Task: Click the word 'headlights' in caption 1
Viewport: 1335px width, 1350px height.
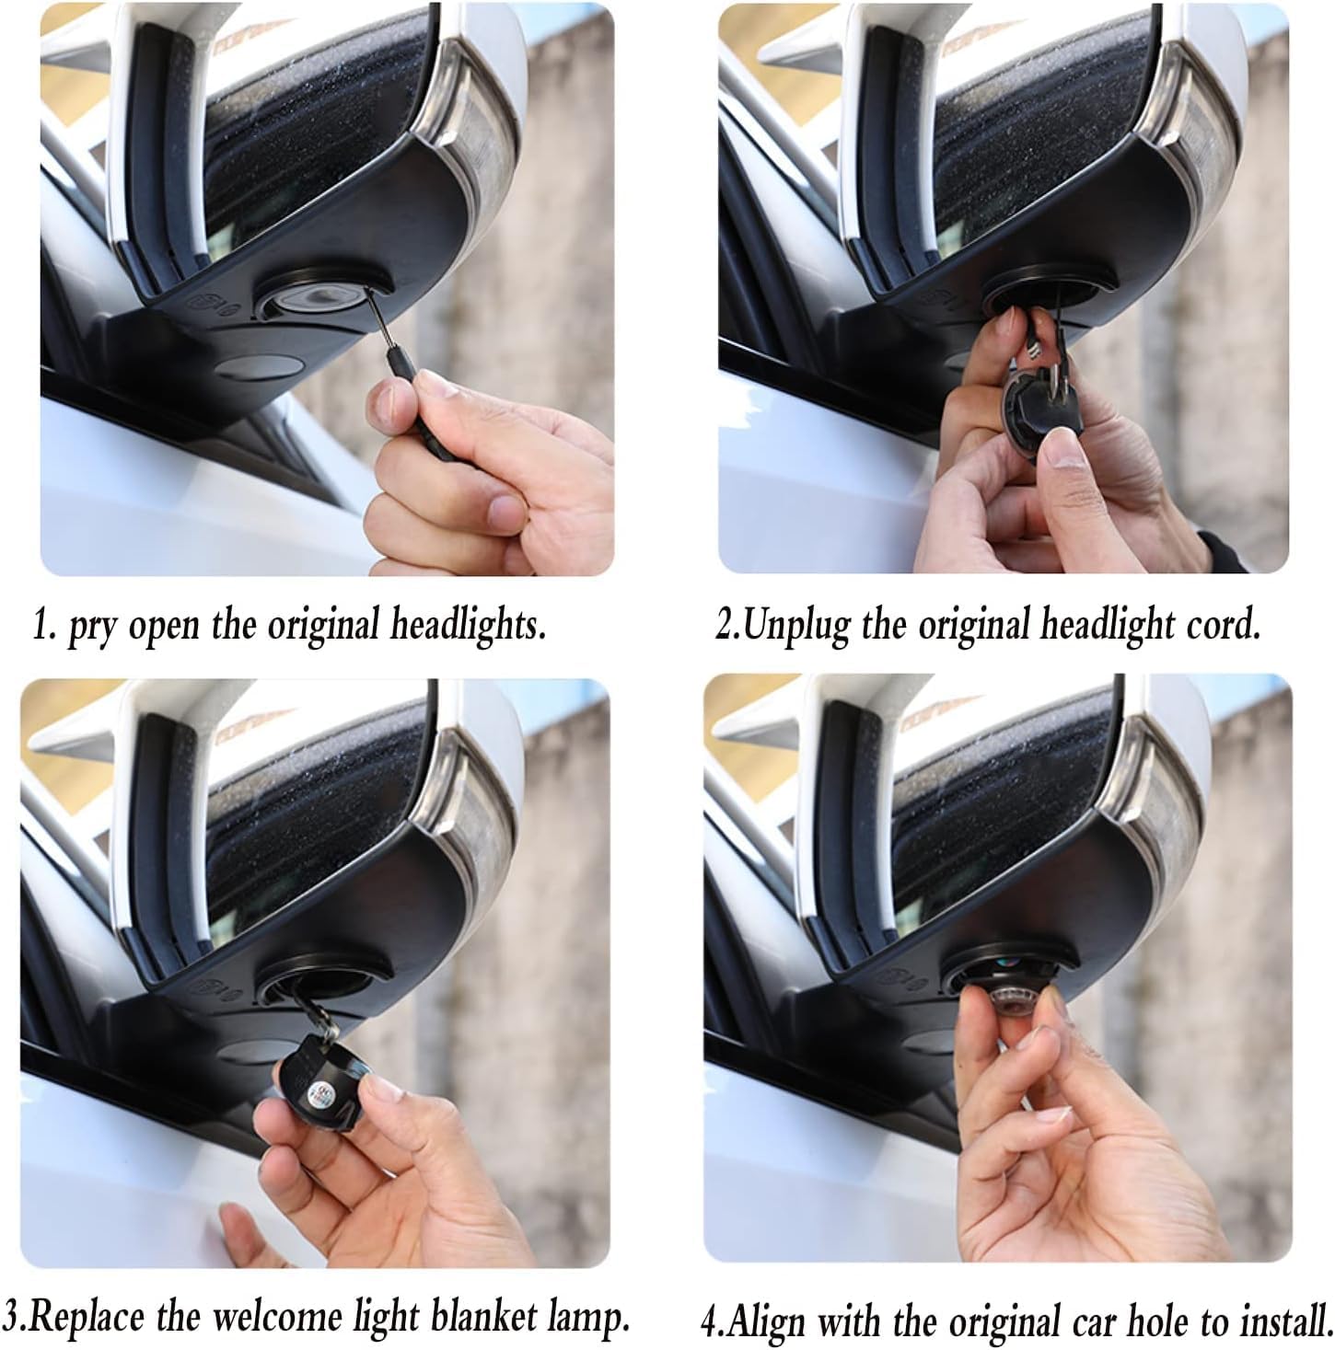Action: pyautogui.click(x=468, y=626)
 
